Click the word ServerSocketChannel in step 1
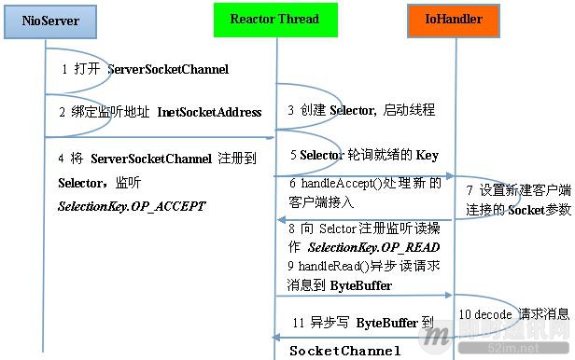(168, 70)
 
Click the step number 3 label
(291, 110)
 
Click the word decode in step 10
(493, 314)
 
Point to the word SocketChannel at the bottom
(344, 351)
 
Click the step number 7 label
(470, 190)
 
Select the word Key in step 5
(426, 154)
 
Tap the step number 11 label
(299, 323)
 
